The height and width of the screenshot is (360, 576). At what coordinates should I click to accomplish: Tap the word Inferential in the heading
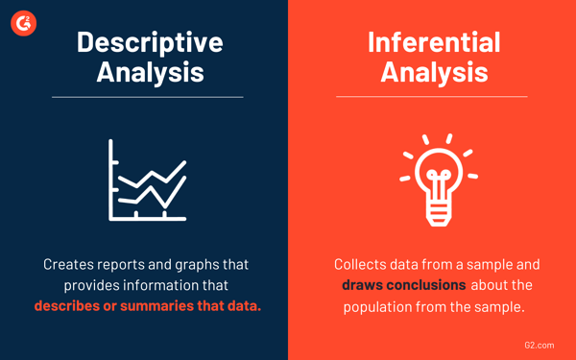point(435,41)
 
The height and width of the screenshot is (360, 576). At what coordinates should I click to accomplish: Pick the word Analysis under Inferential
point(435,72)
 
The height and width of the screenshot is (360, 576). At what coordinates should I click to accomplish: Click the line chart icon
point(147,180)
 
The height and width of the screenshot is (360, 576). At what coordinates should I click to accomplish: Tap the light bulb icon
point(435,178)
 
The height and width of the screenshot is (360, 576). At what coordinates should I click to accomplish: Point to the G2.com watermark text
point(542,341)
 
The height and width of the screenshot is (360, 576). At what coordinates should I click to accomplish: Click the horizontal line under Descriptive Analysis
point(147,97)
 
